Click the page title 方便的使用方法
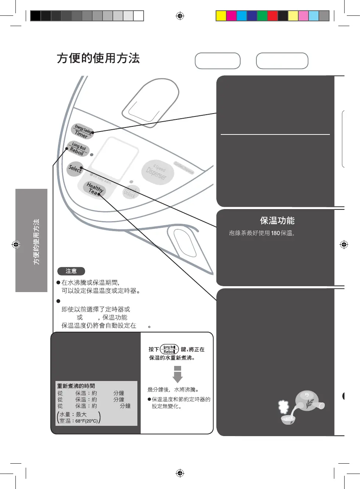pos(98,58)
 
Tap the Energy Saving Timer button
pos(82,132)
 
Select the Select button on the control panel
pos(75,169)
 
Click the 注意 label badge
pos(71,271)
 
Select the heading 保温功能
pos(277,220)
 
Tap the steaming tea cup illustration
pos(287,418)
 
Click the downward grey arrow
pos(177,374)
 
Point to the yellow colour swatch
pos(221,16)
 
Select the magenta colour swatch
pos(231,16)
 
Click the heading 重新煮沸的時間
pos(76,386)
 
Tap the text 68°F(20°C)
pos(87,421)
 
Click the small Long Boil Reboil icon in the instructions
pos(169,349)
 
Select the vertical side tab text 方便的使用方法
pos(36,241)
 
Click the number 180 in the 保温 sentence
pos(276,233)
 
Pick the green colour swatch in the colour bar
pos(262,16)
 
